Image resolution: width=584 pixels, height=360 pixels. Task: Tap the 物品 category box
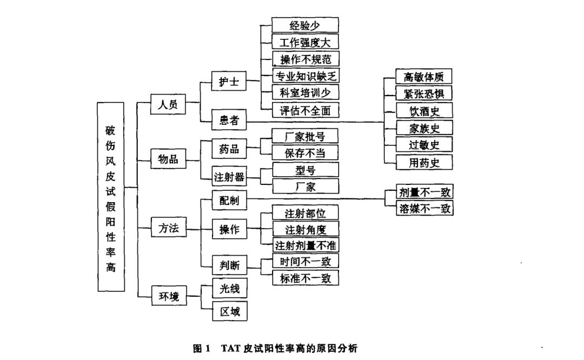168,160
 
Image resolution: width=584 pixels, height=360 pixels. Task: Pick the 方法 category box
168,228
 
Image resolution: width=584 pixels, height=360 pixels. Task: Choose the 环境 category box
168,296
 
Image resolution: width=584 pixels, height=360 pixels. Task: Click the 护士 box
229,83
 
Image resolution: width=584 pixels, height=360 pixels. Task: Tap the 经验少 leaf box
305,25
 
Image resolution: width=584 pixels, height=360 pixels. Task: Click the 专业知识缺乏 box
306,76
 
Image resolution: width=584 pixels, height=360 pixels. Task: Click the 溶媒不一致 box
424,208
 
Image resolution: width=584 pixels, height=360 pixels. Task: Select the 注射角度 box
305,228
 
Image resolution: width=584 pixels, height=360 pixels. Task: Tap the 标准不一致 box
305,278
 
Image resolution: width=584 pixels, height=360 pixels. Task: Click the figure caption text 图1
201,349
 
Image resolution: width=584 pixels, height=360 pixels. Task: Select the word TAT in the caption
230,349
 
